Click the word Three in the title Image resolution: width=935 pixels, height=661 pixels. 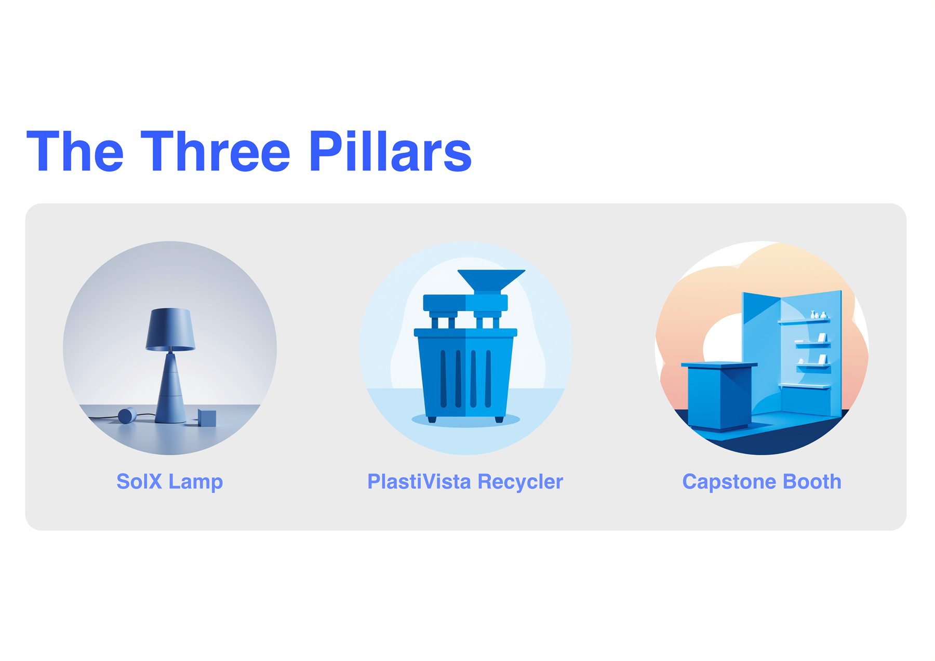(215, 151)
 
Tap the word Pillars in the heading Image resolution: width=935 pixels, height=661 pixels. (390, 151)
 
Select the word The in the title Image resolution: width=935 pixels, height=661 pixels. (75, 151)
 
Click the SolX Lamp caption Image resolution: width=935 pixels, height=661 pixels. (170, 482)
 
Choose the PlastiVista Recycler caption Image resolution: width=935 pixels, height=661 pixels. (465, 482)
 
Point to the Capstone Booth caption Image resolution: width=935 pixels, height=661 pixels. (762, 482)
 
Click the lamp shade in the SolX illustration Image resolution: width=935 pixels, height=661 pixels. (170, 330)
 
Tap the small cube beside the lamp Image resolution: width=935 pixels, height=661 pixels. (207, 418)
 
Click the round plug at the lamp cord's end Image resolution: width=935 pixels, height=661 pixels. (127, 415)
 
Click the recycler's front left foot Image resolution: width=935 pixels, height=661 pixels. (432, 419)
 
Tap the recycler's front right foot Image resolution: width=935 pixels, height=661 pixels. (499, 419)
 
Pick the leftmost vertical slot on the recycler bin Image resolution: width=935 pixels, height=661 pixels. (443, 378)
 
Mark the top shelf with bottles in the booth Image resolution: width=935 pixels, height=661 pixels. (804, 321)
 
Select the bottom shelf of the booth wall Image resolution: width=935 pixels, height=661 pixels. (805, 386)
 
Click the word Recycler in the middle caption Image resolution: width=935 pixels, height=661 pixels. (520, 482)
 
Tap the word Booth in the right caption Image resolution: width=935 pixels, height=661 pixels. (812, 482)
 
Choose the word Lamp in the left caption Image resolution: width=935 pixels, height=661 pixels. (196, 482)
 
